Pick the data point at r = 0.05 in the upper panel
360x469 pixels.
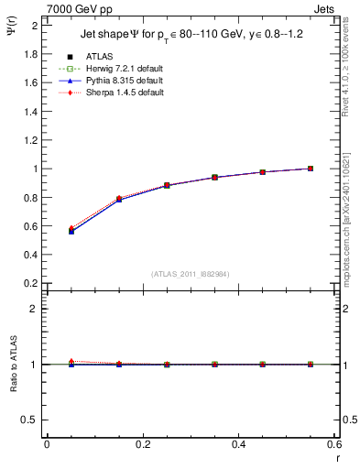[x=71, y=231]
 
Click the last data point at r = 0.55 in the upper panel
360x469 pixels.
[x=311, y=169]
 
